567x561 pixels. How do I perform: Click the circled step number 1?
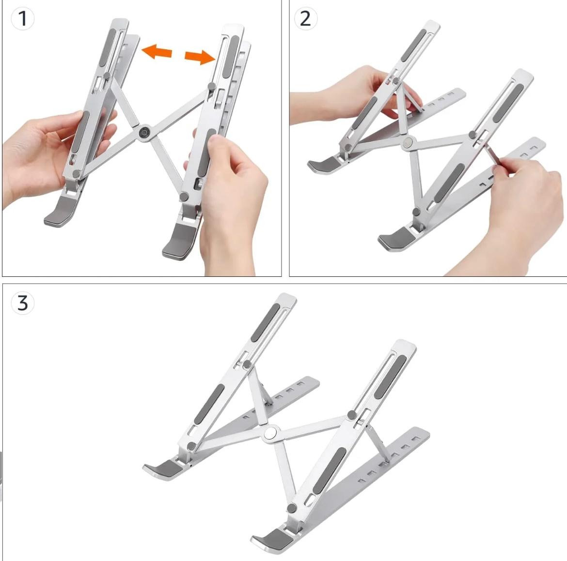click(22, 18)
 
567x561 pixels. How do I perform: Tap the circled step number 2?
click(306, 18)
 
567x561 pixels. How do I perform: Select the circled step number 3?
click(22, 303)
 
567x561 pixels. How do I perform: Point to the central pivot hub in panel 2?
click(408, 142)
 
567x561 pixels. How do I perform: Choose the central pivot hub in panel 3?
click(271, 433)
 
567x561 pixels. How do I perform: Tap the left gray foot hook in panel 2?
click(324, 165)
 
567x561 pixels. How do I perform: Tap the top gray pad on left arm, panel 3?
click(265, 322)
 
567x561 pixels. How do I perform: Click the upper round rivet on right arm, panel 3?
click(352, 415)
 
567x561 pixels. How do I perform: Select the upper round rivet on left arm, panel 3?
click(247, 364)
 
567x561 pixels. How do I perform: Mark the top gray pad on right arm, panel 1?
click(231, 56)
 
